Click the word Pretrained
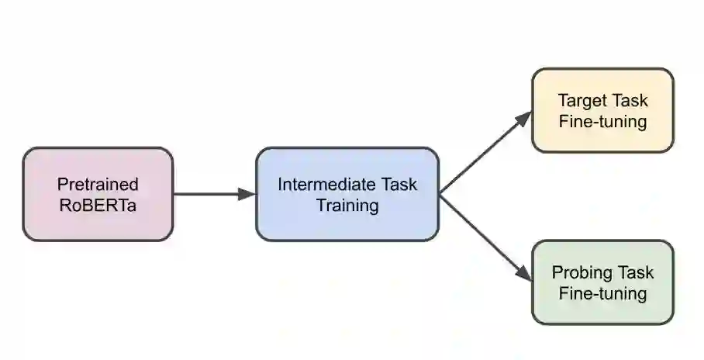tap(98, 185)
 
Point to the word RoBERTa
tap(98, 206)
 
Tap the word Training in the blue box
tap(347, 206)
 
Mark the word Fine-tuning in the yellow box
tap(602, 122)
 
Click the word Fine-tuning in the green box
tap(602, 293)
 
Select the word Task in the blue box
tap(399, 185)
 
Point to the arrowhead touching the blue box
tap(247, 194)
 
